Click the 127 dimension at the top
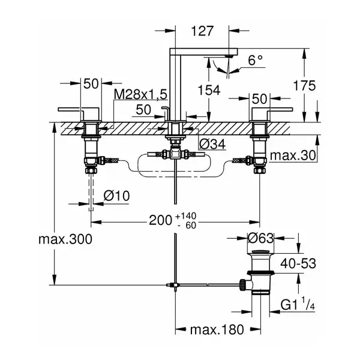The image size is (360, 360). pos(202,31)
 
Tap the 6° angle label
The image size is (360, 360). pos(256,60)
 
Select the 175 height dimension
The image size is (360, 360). pos(304,86)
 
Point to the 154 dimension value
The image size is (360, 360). pos(209,90)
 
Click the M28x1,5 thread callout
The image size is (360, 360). pos(140,94)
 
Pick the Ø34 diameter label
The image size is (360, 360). pos(212,144)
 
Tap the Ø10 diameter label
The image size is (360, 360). pos(116,196)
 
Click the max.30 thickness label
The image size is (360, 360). pos(293,155)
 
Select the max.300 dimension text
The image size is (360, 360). pos(65,239)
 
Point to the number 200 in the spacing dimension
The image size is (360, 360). pos(160,220)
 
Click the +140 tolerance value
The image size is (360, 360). pos(186,216)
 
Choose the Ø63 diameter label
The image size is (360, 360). pos(261,238)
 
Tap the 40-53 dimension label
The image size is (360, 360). pos(298,263)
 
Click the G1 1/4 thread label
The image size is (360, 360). pos(298,305)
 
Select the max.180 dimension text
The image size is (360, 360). pos(217,330)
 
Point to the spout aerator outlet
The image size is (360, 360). pos(229,56)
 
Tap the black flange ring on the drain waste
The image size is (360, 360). pos(260,273)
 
